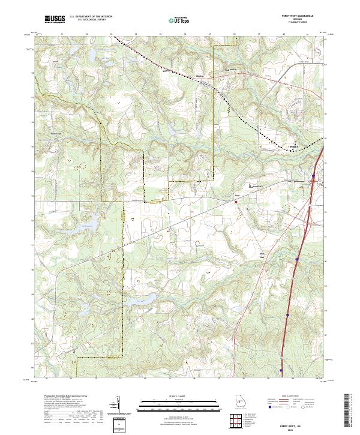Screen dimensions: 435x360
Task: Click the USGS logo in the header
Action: click(55, 20)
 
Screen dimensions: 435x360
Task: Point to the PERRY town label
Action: click(293, 146)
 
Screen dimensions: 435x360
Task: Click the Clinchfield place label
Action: click(200, 76)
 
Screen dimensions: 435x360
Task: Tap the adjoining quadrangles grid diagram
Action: click(237, 421)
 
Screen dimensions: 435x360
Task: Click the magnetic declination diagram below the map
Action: click(120, 406)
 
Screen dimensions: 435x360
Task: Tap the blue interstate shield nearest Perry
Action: click(313, 176)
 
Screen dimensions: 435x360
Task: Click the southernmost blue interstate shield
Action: click(281, 362)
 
